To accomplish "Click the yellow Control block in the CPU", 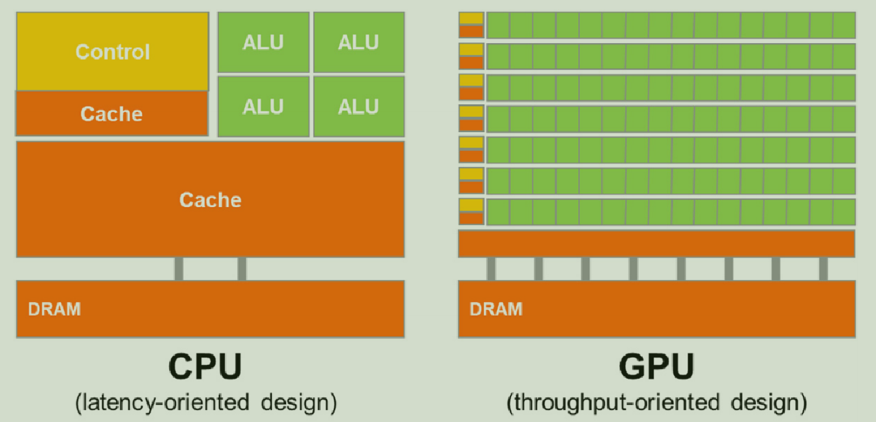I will coord(112,51).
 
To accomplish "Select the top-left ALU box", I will coord(263,42).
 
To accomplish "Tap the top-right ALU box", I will coord(358,42).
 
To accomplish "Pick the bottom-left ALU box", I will coord(263,106).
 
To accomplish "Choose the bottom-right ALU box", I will coord(358,106).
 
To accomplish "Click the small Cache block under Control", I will coord(111,113).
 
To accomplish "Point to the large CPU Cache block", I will coord(210,199).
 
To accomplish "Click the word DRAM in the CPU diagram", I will coord(54,309).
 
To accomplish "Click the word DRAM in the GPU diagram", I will coord(496,309).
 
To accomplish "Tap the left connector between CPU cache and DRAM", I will coord(179,269).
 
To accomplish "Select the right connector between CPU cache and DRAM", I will coord(242,269).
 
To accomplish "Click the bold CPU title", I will coord(205,367).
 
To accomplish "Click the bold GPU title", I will coord(656,367).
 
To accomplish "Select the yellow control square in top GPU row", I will coord(471,19).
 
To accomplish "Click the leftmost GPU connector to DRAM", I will coord(491,269).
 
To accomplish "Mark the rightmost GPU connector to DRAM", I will coord(823,269).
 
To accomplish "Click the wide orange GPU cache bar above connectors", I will coord(656,244).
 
